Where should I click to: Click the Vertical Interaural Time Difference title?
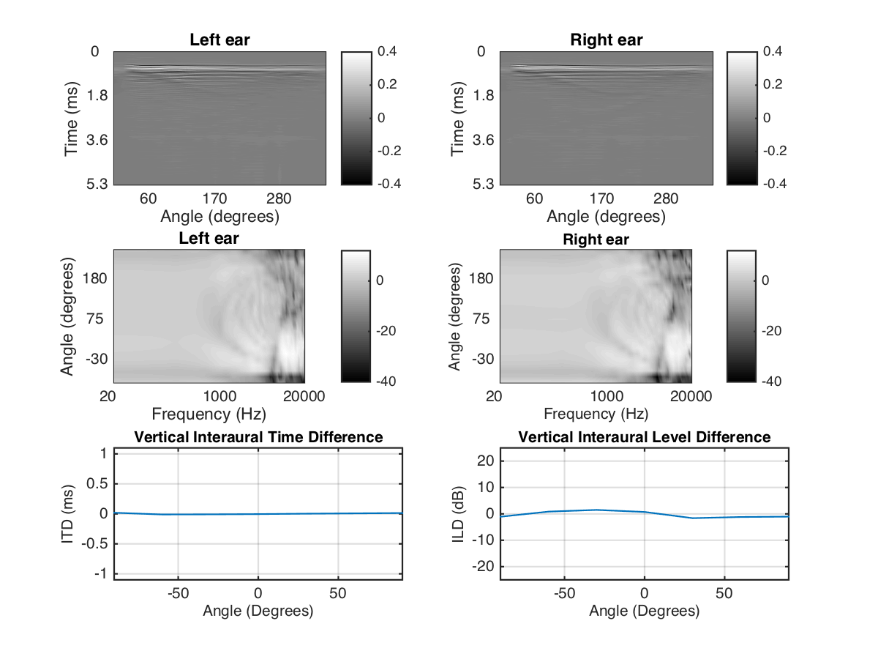(x=258, y=437)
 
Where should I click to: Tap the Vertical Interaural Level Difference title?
(x=644, y=437)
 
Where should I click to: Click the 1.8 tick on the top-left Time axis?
(x=97, y=96)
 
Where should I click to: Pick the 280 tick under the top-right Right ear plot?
(x=666, y=199)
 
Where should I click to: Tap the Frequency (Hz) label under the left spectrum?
(x=209, y=414)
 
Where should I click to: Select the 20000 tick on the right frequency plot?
(x=691, y=397)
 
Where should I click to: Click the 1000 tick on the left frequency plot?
(x=219, y=397)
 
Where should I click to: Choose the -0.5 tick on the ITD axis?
(x=96, y=544)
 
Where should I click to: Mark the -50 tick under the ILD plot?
(x=563, y=592)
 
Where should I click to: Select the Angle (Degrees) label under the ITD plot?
(x=258, y=611)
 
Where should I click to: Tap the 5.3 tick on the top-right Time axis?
(x=484, y=184)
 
